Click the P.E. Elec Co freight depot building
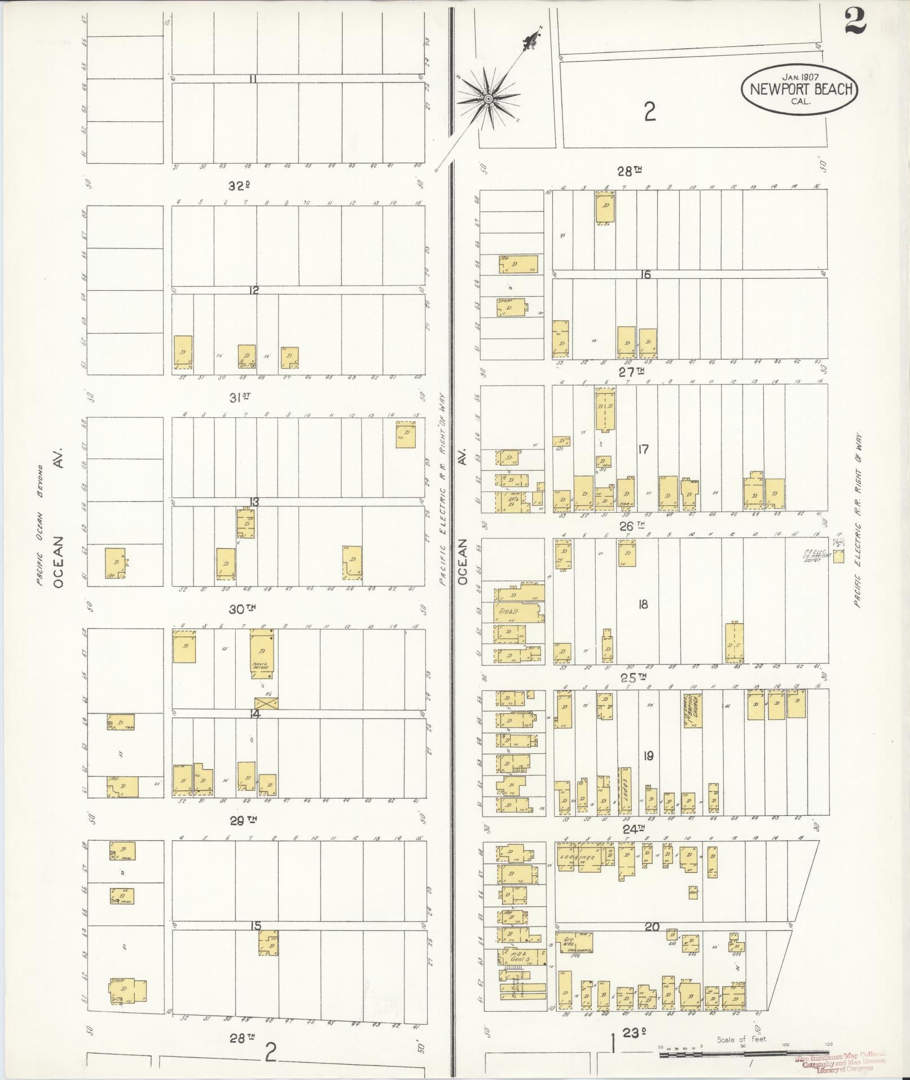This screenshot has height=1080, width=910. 839,556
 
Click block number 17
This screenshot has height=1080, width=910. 643,449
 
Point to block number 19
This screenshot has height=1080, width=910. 648,755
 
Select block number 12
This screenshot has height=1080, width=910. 254,290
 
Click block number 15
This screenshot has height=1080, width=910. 256,926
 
